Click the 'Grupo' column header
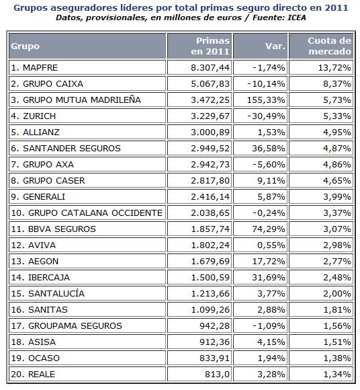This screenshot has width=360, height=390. pyautogui.click(x=25, y=46)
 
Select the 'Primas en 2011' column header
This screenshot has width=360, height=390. pyautogui.click(x=210, y=46)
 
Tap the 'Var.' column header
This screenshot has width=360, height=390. pyautogui.click(x=275, y=46)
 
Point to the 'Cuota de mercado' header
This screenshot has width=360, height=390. pyautogui.click(x=330, y=46)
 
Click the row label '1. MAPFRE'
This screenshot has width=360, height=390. pyautogui.click(x=34, y=67)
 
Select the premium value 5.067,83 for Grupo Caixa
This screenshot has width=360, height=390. pyautogui.click(x=210, y=83)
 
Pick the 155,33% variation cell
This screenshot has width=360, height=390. pyautogui.click(x=266, y=100)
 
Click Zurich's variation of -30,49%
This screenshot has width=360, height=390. pyautogui.click(x=266, y=116)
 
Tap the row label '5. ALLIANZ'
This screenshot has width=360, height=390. pyautogui.click(x=36, y=132)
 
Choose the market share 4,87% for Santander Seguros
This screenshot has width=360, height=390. pyautogui.click(x=337, y=148)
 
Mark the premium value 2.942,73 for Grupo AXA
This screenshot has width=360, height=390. pyautogui.click(x=210, y=165)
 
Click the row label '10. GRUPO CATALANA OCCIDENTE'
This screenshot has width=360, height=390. pyautogui.click(x=87, y=213)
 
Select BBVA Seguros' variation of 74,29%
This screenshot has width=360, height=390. pyautogui.click(x=269, y=229)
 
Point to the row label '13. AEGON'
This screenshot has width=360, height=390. pyautogui.click(x=35, y=261)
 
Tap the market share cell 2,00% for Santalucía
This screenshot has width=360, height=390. pyautogui.click(x=337, y=293)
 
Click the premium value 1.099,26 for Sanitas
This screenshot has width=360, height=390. pyautogui.click(x=210, y=310)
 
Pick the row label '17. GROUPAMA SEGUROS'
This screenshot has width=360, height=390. pyautogui.click(x=66, y=326)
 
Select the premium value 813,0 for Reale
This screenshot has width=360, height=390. pyautogui.click(x=217, y=375)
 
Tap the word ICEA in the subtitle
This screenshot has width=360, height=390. pyautogui.click(x=297, y=17)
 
